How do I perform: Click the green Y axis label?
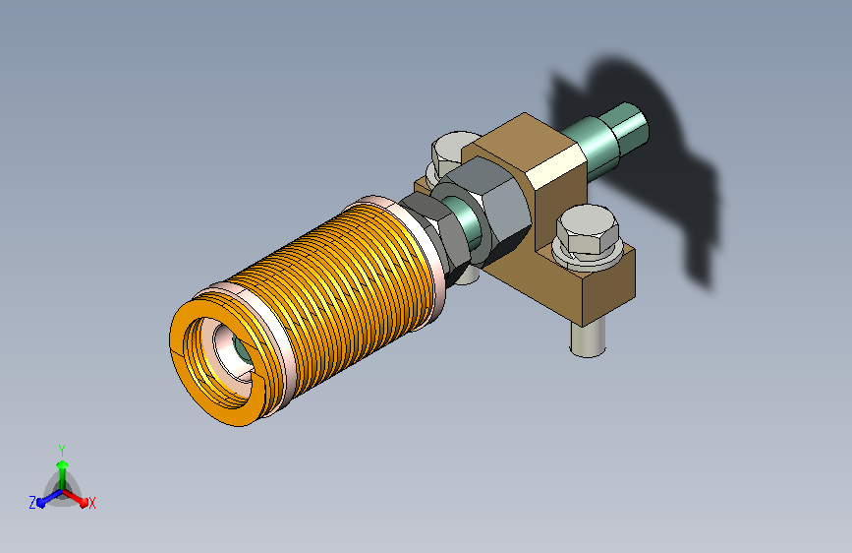(x=62, y=451)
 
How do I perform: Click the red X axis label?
(x=91, y=503)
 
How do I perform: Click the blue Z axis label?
(x=32, y=503)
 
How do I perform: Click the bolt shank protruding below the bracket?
(x=589, y=338)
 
